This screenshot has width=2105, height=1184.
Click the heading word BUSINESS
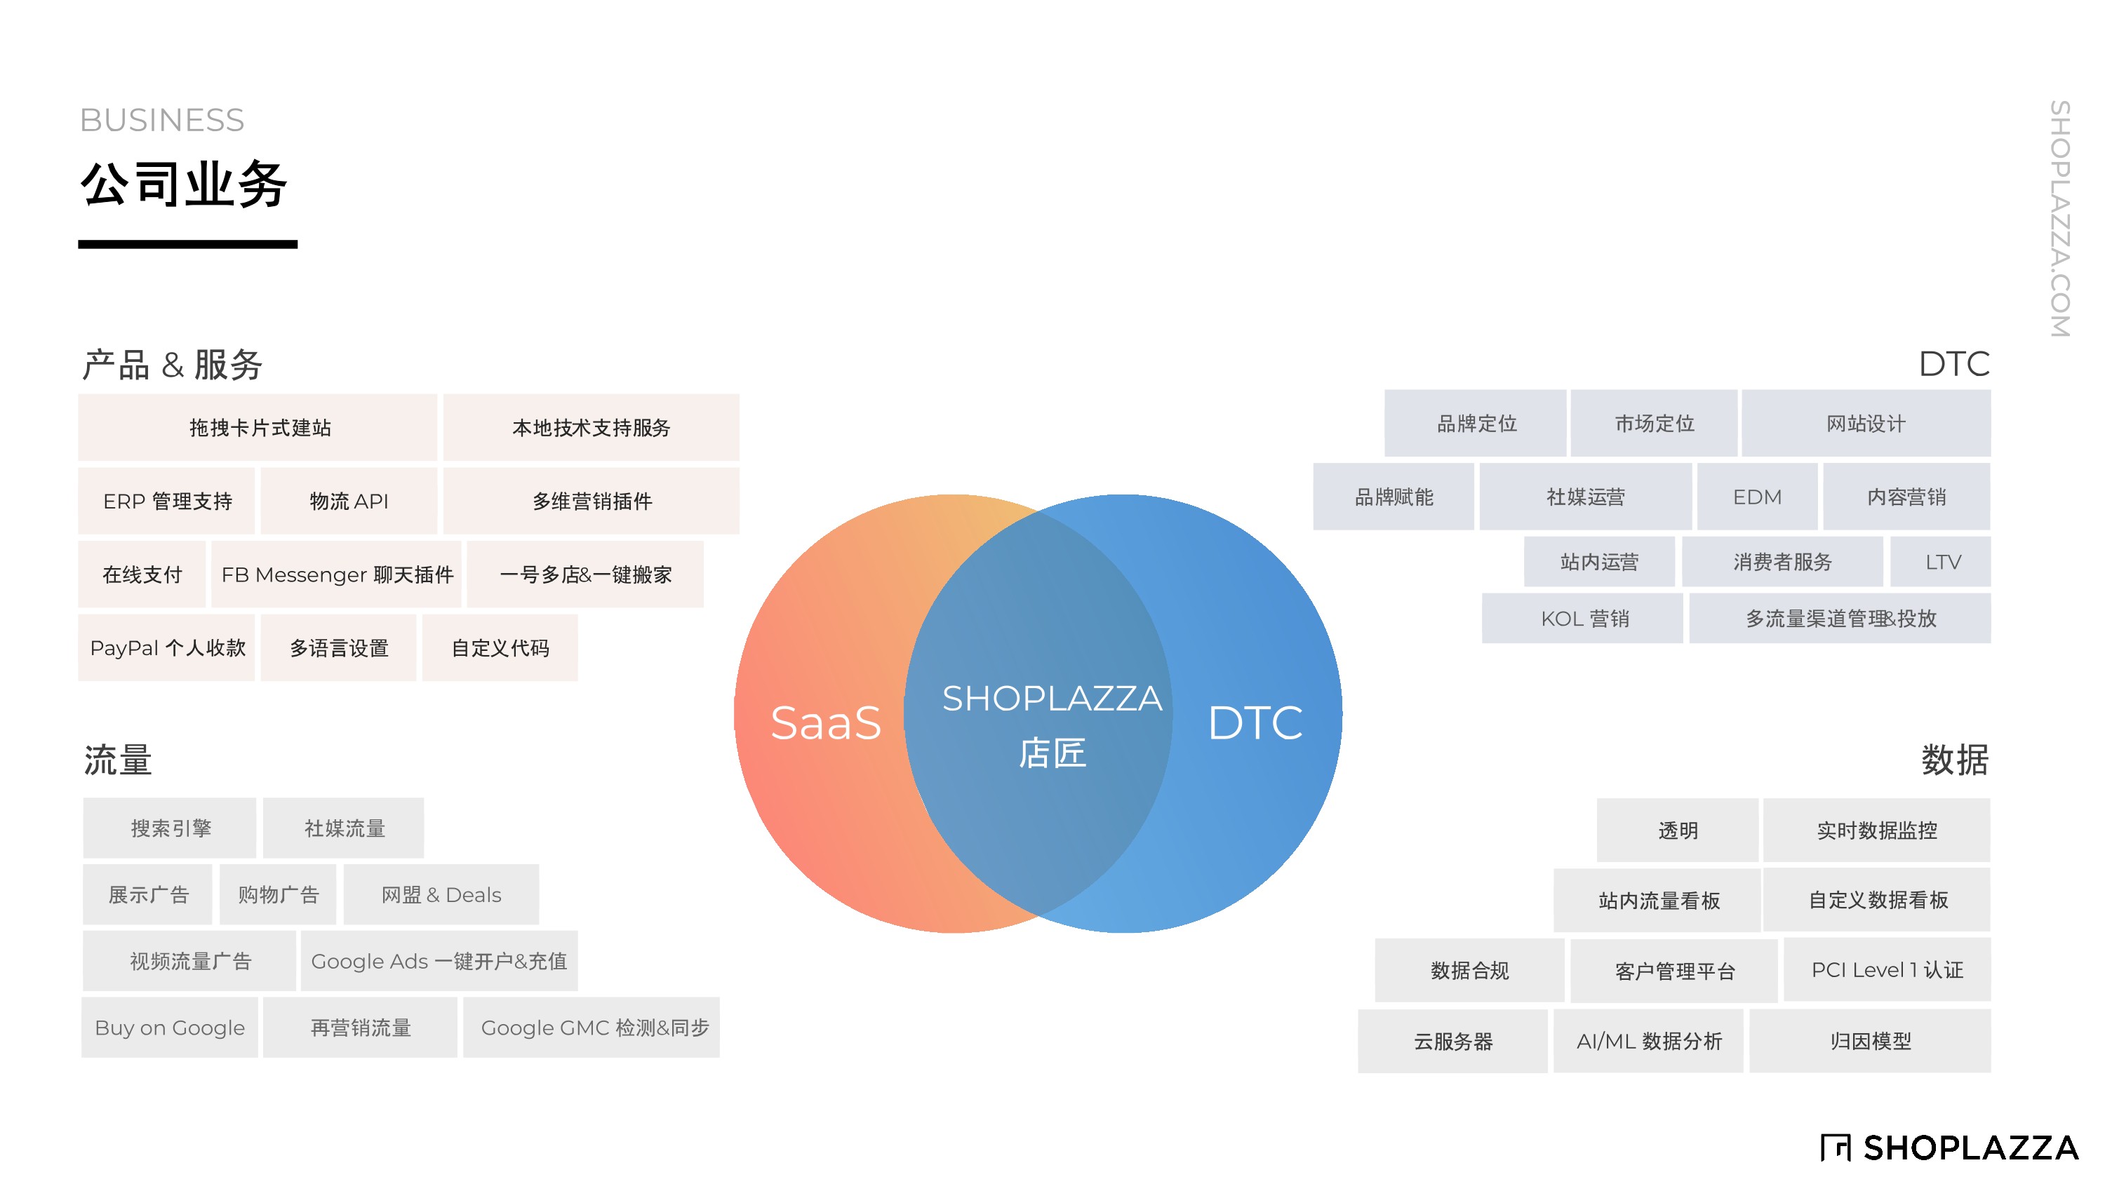[162, 120]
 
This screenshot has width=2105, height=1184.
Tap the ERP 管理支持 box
[167, 500]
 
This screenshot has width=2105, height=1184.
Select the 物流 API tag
[349, 500]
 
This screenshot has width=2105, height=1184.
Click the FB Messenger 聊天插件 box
[337, 574]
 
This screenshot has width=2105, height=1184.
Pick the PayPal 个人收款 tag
[167, 648]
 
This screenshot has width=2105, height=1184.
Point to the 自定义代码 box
[500, 648]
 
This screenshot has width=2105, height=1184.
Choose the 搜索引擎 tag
[170, 828]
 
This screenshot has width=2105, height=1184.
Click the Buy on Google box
[170, 1027]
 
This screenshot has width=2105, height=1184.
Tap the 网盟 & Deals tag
[441, 895]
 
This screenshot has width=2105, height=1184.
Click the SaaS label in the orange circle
[825, 723]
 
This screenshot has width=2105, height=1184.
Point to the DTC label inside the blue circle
[1255, 723]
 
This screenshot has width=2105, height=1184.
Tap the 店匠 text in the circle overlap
[1052, 753]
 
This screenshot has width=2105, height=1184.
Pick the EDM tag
[1757, 497]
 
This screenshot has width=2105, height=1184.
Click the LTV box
[1942, 562]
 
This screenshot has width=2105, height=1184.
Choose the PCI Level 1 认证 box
[1887, 970]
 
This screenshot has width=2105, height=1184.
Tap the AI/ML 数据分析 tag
[1648, 1041]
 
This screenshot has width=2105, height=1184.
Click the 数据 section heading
[1955, 760]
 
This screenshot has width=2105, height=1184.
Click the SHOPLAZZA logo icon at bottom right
[1836, 1148]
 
